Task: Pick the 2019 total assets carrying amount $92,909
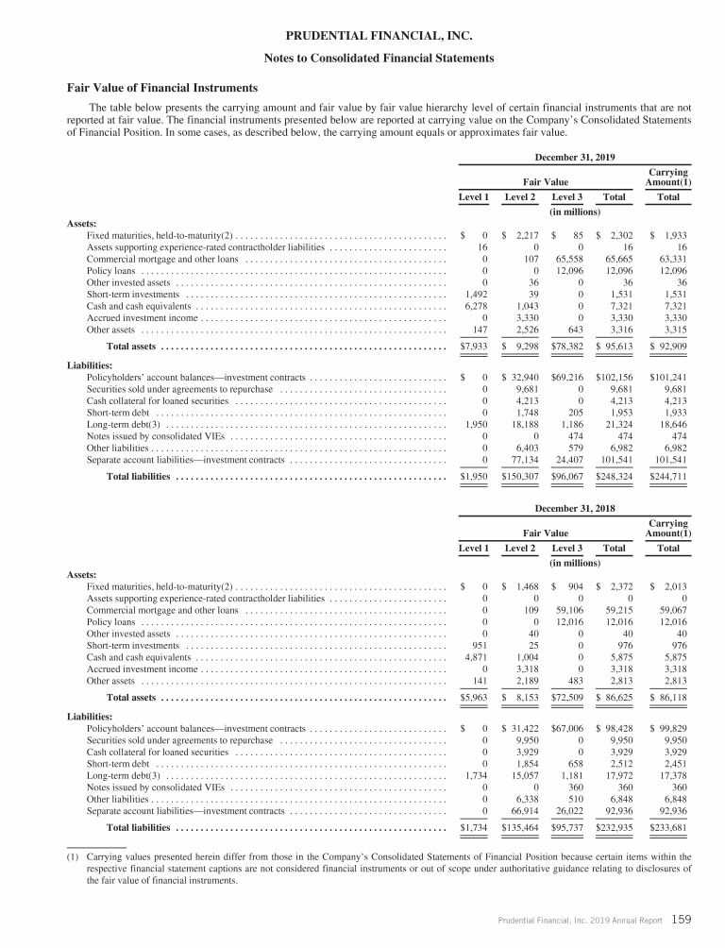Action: [669, 347]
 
